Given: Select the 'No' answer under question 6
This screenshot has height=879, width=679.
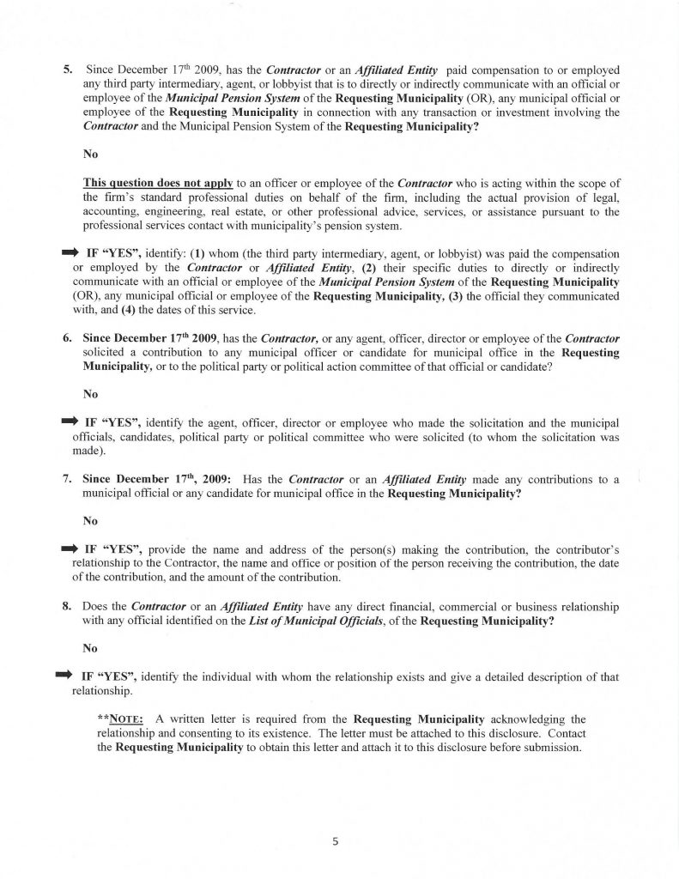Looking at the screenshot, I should (90, 395).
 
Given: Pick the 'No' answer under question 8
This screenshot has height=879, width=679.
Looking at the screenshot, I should (90, 648).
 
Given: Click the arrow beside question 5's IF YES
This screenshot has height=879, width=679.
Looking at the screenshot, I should (69, 253).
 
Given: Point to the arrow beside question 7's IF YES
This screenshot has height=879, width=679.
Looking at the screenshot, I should (69, 547).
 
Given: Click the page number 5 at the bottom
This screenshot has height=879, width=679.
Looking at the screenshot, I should (336, 842).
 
